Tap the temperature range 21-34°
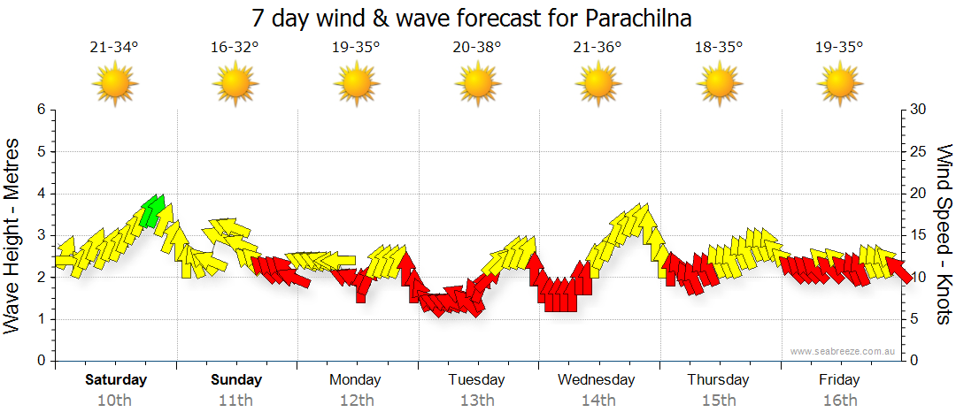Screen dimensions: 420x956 [114, 47]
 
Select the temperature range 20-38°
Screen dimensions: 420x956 [477, 47]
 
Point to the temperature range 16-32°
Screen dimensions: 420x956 [235, 47]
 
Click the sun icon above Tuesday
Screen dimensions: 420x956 [477, 85]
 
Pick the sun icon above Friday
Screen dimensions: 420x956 [839, 85]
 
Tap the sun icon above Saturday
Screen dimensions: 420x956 [114, 85]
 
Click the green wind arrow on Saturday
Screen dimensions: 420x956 [153, 210]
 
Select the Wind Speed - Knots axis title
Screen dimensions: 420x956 [944, 234]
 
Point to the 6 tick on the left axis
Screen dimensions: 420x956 [40, 110]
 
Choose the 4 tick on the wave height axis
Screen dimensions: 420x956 [40, 194]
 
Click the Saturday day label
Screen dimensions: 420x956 [116, 380]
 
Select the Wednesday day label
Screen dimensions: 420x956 [597, 380]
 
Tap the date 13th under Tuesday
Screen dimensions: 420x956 [477, 400]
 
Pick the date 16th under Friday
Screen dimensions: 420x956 [839, 400]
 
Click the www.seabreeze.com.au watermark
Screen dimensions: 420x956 [843, 351]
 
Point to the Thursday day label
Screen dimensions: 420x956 [718, 380]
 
